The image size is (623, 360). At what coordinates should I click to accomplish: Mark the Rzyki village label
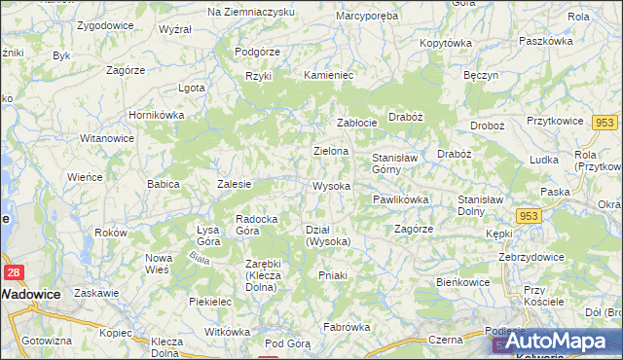258,75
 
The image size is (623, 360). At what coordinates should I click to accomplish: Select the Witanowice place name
107,138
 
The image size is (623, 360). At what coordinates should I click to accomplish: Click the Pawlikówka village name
400,199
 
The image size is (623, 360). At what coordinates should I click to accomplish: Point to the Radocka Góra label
260,225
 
